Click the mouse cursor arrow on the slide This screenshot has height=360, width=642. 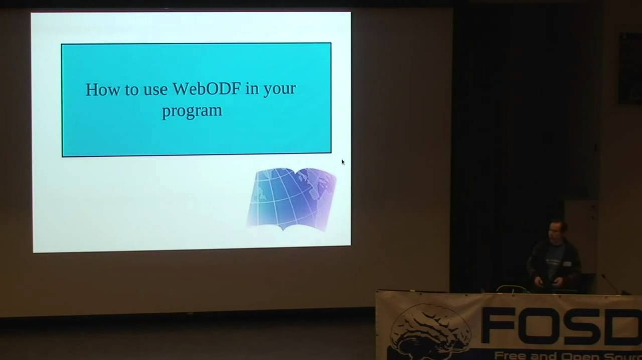(343, 162)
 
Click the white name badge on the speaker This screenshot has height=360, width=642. (567, 264)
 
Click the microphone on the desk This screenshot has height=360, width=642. (610, 283)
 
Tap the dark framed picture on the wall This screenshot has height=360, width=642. (629, 68)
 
